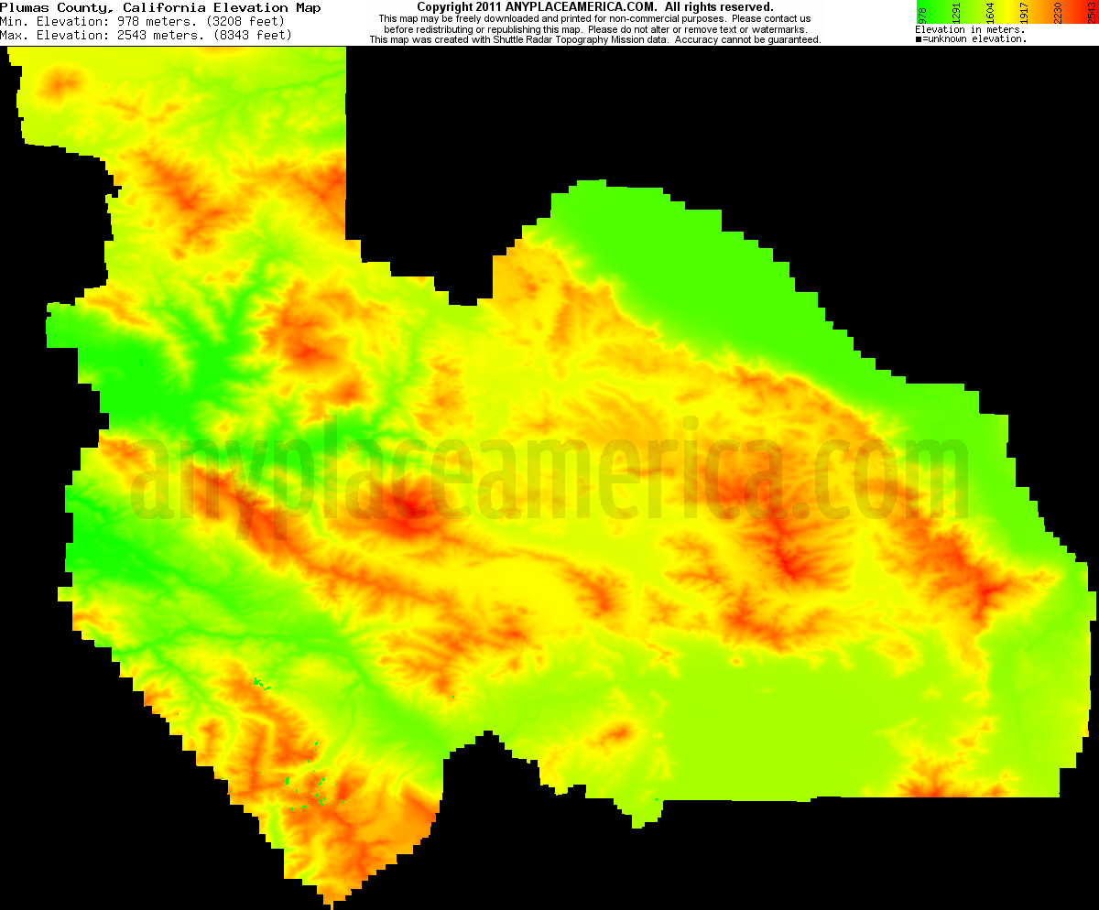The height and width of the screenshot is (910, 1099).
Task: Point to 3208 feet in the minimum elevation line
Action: point(233,21)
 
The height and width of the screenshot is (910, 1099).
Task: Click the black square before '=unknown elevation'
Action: point(919,39)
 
